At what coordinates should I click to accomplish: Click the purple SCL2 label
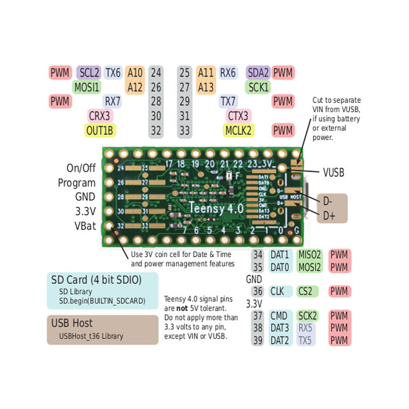(x=89, y=73)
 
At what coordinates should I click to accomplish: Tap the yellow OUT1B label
(x=99, y=130)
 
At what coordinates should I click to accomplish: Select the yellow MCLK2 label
(x=239, y=130)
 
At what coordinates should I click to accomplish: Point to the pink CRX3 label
(x=99, y=116)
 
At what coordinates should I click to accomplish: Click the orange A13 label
(x=206, y=87)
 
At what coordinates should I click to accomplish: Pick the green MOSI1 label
(x=87, y=87)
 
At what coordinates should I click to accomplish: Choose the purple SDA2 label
(x=258, y=73)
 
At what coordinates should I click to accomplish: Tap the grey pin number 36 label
(x=257, y=292)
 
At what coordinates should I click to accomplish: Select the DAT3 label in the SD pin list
(x=280, y=328)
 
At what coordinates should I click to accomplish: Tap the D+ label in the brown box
(x=329, y=216)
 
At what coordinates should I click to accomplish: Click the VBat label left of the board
(x=85, y=225)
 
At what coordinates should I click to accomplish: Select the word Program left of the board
(x=76, y=183)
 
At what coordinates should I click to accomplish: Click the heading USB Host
(x=72, y=323)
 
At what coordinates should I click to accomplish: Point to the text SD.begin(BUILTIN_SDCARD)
(x=102, y=301)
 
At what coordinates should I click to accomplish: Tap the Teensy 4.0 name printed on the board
(x=216, y=208)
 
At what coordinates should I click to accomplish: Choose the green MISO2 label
(x=310, y=255)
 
